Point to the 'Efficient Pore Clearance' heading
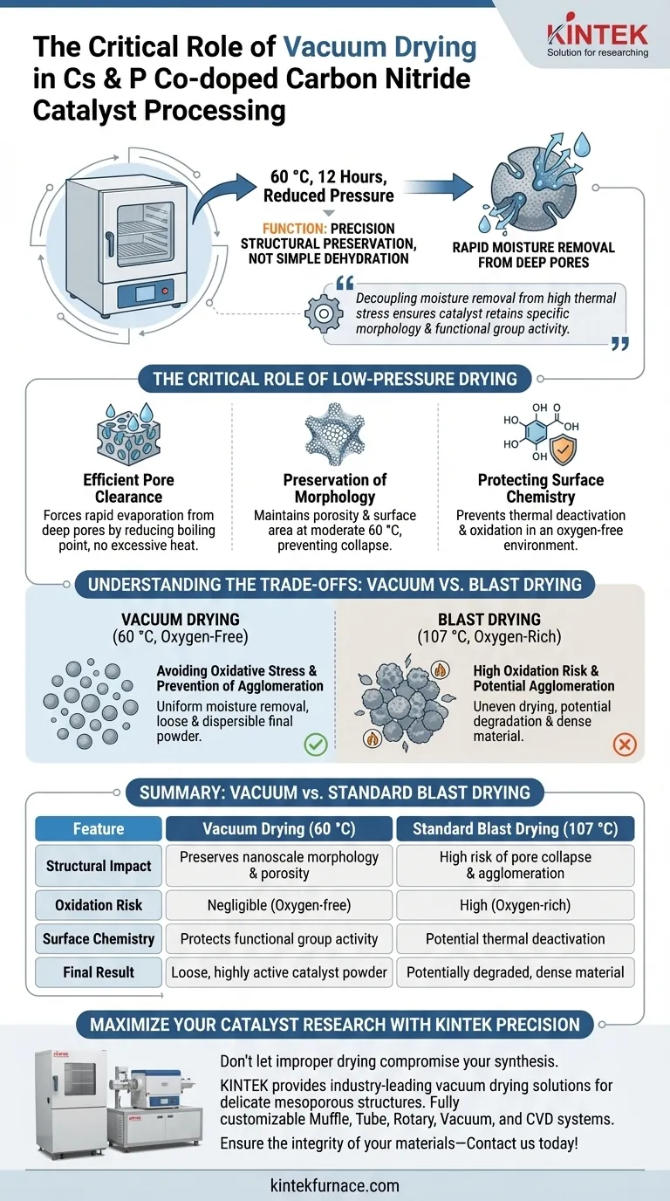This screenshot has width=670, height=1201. click(128, 488)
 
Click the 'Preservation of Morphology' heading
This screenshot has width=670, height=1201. click(335, 488)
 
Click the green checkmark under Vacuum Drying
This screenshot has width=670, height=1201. click(314, 744)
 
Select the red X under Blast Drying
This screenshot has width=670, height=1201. click(625, 744)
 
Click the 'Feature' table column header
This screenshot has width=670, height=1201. click(99, 828)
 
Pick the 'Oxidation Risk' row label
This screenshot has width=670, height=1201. click(99, 905)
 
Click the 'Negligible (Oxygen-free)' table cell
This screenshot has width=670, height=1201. click(279, 905)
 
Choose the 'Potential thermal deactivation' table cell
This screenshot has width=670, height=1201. click(515, 939)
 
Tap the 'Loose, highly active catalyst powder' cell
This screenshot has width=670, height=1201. click(279, 971)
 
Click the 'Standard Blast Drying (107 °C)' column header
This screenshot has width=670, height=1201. click(515, 828)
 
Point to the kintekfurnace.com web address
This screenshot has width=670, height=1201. click(335, 1184)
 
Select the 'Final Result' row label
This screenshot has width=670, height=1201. click(99, 971)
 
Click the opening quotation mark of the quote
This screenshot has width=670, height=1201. click(344, 284)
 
